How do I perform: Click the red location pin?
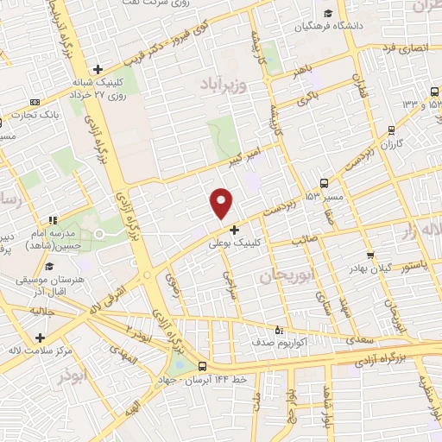[222, 202]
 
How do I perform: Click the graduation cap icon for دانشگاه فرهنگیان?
[328, 13]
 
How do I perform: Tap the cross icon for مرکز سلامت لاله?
[40, 337]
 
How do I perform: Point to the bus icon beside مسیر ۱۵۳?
[324, 182]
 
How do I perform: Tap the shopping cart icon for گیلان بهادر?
[370, 255]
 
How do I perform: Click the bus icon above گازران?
[392, 130]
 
